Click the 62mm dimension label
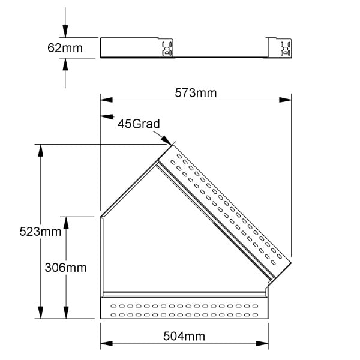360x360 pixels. tap(65, 48)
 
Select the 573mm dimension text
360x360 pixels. tap(196, 93)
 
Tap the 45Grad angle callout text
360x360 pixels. tap(139, 124)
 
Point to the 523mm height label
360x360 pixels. tap(40, 232)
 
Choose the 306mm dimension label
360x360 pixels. tap(65, 268)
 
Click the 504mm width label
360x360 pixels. tap(184, 337)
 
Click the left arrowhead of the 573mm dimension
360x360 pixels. tap(107, 100)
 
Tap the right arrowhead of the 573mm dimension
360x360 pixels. tap(286, 100)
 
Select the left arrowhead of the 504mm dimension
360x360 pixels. tap(107, 343)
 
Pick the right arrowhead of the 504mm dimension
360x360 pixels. tap(262, 343)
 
